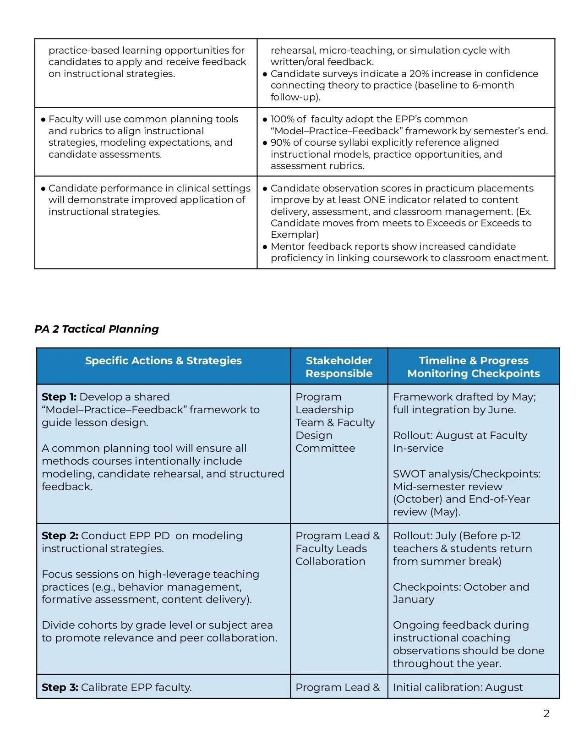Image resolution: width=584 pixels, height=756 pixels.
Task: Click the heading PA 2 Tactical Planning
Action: pyautogui.click(x=97, y=329)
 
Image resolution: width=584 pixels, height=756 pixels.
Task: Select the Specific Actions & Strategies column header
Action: pyautogui.click(x=163, y=361)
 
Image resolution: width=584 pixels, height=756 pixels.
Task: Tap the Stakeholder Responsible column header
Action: pyautogui.click(x=338, y=367)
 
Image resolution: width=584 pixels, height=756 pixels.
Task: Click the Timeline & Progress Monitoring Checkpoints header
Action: pyautogui.click(x=473, y=367)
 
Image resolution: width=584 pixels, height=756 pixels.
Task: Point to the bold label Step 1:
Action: pyautogui.click(x=59, y=397)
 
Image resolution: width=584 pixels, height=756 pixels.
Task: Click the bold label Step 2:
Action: pyautogui.click(x=60, y=536)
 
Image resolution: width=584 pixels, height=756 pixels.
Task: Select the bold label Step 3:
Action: pyautogui.click(x=60, y=687)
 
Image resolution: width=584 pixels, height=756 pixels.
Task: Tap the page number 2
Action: pyautogui.click(x=546, y=713)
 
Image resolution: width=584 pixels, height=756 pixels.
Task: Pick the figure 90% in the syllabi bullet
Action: pyautogui.click(x=280, y=142)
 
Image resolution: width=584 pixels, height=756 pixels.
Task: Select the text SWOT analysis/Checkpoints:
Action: pyautogui.click(x=466, y=474)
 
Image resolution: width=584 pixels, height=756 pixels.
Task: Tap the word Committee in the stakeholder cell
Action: pyautogui.click(x=325, y=448)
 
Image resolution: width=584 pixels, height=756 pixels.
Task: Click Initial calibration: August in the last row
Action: pyautogui.click(x=457, y=687)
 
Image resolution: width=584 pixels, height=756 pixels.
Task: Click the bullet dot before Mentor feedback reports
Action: pyautogui.click(x=265, y=247)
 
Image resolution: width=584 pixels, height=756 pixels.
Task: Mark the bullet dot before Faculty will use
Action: pyautogui.click(x=44, y=120)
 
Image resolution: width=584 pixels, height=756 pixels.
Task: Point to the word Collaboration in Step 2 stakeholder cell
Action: pyautogui.click(x=330, y=561)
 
